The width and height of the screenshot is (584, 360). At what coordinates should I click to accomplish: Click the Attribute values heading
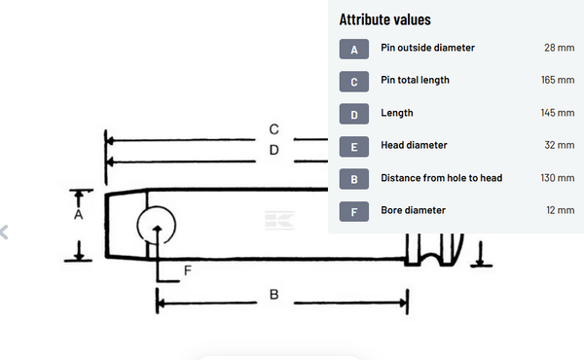[x=384, y=19]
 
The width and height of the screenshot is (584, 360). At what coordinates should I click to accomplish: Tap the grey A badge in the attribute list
[x=353, y=49]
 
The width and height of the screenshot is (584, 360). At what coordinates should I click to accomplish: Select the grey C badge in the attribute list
[x=353, y=81]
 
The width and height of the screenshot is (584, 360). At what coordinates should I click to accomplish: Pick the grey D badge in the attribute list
[x=353, y=113]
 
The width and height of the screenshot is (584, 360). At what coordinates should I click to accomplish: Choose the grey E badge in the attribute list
[x=353, y=146]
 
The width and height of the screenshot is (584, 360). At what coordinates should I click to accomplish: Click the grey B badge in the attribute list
[x=353, y=178]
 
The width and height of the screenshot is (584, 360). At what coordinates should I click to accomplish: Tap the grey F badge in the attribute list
[x=353, y=210]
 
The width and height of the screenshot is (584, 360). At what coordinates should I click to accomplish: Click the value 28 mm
[x=559, y=48]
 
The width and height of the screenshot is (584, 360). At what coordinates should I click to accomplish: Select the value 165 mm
[x=557, y=80]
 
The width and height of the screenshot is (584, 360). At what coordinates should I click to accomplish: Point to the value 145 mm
[x=557, y=113]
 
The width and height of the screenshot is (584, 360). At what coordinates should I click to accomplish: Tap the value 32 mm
[x=559, y=145]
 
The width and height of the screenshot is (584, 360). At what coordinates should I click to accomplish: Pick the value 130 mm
[x=557, y=177]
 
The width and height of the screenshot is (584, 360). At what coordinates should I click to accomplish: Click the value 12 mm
[x=560, y=209]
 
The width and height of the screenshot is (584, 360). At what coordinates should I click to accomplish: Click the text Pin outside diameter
[x=427, y=48]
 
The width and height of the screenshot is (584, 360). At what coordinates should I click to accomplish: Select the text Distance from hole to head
[x=441, y=177]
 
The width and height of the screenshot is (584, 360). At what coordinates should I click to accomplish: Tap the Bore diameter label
[x=413, y=209]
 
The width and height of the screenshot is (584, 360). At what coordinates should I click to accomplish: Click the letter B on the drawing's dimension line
[x=274, y=294]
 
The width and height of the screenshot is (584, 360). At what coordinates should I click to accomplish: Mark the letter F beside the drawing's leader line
[x=187, y=271]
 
